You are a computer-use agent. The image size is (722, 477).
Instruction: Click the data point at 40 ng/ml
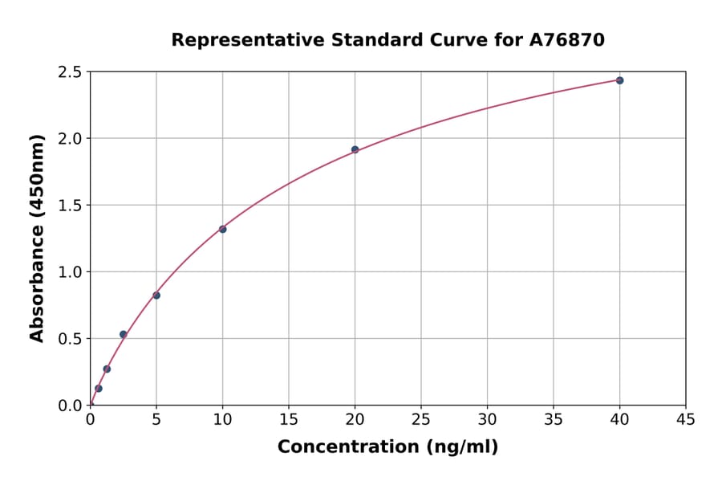click(619, 80)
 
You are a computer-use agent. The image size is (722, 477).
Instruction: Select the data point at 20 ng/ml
click(355, 149)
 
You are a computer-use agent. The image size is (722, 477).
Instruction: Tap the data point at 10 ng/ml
click(222, 230)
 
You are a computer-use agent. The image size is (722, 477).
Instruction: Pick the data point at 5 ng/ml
click(156, 296)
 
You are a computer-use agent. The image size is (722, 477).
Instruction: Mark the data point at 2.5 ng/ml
click(123, 334)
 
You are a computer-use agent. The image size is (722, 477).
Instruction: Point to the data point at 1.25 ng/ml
click(107, 369)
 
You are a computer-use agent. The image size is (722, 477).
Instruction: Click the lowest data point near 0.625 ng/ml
click(99, 389)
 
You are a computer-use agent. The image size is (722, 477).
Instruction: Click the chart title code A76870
click(568, 39)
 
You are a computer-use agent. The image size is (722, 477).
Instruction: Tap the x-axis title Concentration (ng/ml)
click(387, 447)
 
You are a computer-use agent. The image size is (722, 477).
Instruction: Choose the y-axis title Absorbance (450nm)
click(37, 238)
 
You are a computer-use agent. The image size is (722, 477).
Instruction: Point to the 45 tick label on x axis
click(686, 419)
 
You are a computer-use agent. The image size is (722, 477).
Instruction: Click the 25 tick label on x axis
click(421, 419)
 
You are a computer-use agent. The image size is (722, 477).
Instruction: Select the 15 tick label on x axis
click(289, 419)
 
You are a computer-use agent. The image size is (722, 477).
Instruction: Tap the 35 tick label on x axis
click(554, 419)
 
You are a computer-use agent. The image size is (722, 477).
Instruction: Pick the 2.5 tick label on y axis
click(69, 72)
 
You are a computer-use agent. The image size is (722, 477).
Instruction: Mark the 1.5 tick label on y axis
click(69, 206)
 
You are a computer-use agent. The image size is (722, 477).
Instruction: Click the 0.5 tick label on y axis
click(69, 339)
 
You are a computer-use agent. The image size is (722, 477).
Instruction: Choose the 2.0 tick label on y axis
click(69, 139)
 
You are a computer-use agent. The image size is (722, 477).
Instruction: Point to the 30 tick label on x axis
click(487, 419)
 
